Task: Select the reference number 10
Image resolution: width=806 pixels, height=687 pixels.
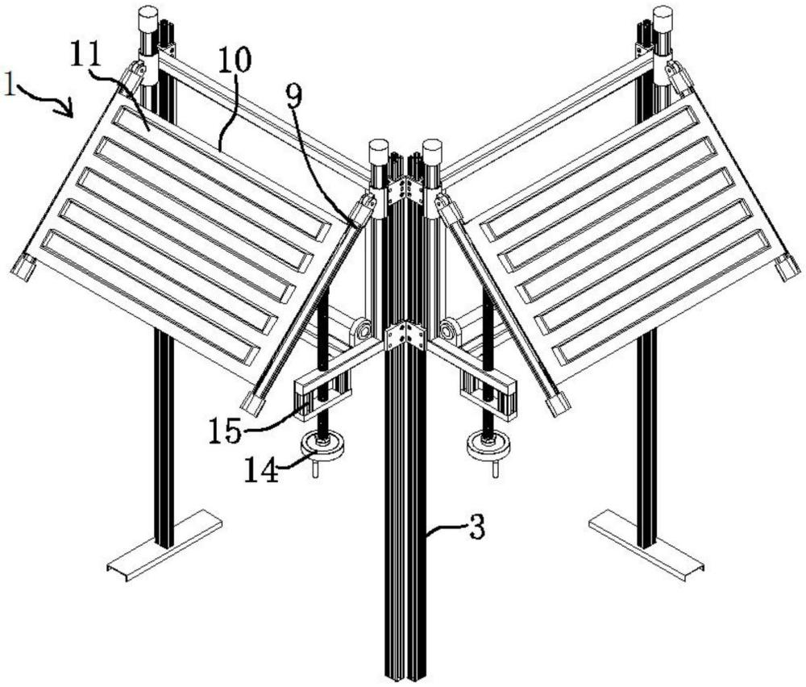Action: point(235,60)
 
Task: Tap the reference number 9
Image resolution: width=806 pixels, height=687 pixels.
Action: point(294,95)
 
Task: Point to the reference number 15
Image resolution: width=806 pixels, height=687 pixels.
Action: point(225,431)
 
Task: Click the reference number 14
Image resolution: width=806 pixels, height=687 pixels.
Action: point(261,469)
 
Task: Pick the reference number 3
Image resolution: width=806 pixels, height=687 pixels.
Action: point(476,528)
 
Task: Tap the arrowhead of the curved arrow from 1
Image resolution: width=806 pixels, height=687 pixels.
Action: point(69,110)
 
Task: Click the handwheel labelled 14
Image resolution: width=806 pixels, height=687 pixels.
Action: point(322,445)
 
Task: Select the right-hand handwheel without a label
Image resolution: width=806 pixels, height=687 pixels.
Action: point(488,445)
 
